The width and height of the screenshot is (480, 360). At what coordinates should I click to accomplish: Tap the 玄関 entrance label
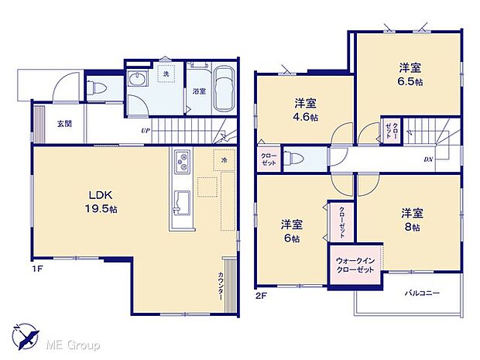pos(63,124)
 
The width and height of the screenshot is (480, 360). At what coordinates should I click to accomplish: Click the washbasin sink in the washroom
pos(139,81)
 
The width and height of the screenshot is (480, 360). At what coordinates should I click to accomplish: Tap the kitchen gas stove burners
pos(183,163)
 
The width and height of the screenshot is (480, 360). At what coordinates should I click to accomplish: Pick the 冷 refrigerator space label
pos(225,160)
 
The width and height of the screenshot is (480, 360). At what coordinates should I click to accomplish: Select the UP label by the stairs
pos(145,130)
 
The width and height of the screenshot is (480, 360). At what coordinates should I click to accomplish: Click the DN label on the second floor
pos(427,160)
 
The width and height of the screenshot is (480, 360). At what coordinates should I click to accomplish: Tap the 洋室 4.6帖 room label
pos(303,109)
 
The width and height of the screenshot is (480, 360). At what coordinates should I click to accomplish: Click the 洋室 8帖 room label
pos(410,219)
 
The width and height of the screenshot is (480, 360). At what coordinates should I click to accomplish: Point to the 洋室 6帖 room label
pos(292,231)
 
